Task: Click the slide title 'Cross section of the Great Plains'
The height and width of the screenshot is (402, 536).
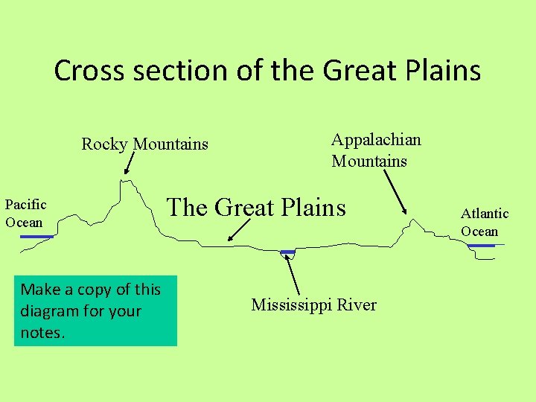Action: click(267, 71)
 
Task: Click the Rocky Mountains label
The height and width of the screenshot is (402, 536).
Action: click(144, 144)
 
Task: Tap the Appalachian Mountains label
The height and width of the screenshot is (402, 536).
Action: click(376, 150)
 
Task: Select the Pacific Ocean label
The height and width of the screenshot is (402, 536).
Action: click(25, 213)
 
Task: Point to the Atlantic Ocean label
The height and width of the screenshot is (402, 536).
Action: click(484, 222)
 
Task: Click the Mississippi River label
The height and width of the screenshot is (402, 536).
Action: click(313, 304)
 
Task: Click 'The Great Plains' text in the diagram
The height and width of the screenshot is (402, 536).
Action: click(256, 206)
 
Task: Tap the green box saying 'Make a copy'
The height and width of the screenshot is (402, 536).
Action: click(95, 311)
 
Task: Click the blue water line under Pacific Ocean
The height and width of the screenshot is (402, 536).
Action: click(36, 237)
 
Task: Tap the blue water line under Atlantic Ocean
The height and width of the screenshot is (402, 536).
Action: click(480, 246)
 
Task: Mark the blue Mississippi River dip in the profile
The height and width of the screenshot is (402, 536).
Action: click(287, 253)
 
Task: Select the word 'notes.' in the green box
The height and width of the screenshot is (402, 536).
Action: click(43, 332)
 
